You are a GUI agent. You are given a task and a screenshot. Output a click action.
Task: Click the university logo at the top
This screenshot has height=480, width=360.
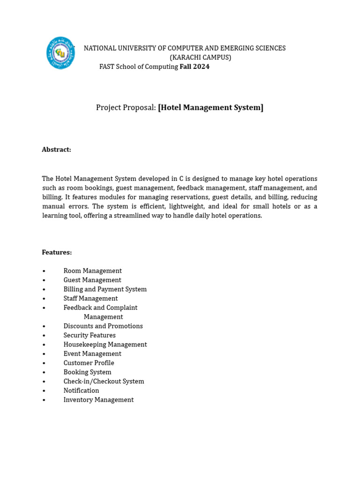coord(60,53)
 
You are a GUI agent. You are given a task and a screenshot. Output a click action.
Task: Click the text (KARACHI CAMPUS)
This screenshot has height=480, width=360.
coord(200,57)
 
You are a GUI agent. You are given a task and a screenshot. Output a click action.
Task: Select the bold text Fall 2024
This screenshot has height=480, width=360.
coord(195,67)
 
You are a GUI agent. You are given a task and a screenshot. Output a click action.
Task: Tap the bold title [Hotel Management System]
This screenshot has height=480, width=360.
coord(210,107)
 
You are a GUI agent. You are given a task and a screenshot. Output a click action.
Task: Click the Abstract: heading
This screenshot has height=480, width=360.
coord(56,150)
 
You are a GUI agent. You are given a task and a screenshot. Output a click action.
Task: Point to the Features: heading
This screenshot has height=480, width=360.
coord(57,252)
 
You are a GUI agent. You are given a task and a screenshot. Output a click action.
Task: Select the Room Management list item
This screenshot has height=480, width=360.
coord(92,271)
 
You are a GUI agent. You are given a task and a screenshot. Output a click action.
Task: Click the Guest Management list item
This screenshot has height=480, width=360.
coord(92,280)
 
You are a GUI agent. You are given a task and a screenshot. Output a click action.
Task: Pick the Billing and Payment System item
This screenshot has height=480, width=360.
coord(105,289)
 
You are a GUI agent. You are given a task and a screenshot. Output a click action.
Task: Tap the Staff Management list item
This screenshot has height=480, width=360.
coord(90,298)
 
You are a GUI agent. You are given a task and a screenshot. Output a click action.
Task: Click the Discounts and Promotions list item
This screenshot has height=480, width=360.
coord(103,326)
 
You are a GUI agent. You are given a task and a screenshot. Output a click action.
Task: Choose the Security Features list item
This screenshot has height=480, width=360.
coord(90,335)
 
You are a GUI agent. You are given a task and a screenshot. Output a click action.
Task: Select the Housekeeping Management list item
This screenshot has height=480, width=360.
coord(105,345)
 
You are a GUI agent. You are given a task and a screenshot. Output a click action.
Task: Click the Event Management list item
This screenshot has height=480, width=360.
coord(92,353)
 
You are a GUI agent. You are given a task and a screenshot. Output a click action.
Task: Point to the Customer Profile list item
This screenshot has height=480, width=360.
coord(89,363)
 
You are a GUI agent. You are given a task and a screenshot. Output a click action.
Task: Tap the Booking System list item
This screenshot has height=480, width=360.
coord(87,372)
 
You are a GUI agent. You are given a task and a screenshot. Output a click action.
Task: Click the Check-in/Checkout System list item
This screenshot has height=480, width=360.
coord(104,381)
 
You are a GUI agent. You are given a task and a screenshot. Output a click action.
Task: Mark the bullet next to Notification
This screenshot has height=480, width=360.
coord(44,390)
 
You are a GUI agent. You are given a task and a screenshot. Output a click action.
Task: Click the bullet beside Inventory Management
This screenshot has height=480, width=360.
coord(44,400)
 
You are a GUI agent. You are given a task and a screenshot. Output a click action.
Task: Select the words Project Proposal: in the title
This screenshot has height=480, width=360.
coord(126,107)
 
